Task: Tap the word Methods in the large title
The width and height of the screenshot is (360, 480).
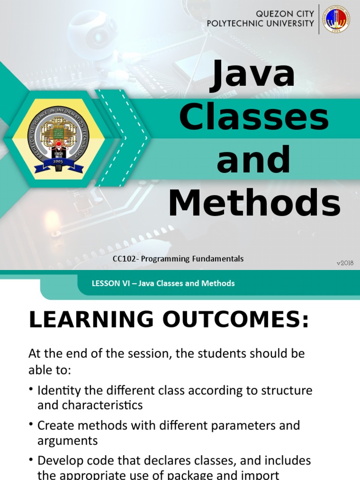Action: pos(254,203)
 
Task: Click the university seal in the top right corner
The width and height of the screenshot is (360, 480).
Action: pos(336,19)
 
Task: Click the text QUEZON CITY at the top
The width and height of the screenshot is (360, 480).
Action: pos(285,14)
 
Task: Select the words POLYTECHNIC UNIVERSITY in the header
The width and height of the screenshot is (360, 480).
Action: pos(261,23)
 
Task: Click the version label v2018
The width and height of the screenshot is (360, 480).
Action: pos(345,263)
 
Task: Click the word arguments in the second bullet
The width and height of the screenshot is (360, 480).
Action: pos(67,440)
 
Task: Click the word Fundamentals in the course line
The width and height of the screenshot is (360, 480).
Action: pos(219,259)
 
